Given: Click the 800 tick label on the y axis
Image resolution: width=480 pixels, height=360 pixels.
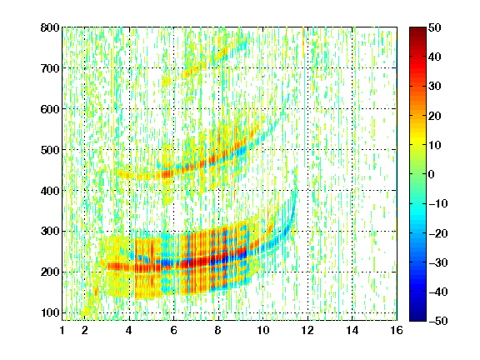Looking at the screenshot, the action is coord(50,27).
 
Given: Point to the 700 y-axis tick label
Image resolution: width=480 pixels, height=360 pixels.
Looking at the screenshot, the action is coord(50,68).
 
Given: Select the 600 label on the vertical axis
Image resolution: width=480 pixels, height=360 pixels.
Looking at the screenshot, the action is coord(50,109).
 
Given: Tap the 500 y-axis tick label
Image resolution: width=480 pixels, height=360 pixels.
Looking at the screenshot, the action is coord(50,150).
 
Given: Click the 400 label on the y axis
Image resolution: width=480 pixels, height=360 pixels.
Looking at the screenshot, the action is coord(50,191).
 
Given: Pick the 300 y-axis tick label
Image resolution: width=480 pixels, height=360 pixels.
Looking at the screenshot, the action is coord(50,231).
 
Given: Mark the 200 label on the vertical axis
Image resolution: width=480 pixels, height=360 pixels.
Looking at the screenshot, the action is coord(50,272).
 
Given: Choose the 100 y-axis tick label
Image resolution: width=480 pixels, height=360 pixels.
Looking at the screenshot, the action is coord(50,312).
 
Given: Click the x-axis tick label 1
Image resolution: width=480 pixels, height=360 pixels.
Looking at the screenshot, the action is coord(62,330).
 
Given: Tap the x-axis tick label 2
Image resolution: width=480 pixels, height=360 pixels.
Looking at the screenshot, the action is coord(85,330).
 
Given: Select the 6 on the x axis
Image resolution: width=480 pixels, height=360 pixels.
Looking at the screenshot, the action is coord(173,330).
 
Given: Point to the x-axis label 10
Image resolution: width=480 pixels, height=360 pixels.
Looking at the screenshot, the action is coord(262,330).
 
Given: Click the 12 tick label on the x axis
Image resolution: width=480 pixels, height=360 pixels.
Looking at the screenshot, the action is coord(307,330).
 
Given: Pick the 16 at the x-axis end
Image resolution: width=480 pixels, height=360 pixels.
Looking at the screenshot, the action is coord(397,330).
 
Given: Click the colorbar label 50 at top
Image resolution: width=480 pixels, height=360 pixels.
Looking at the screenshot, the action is coord(434,27).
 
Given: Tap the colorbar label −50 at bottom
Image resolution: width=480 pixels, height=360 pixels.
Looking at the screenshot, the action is coord(438,321).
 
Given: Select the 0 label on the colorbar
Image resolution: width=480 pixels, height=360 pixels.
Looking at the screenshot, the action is coord(432,174).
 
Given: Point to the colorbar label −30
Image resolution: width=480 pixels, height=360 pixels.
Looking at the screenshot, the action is coord(438,262).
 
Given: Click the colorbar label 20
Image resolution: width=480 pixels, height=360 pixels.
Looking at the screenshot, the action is coord(434,116).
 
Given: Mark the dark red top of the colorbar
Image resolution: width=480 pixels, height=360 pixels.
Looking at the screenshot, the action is coord(417,31).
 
